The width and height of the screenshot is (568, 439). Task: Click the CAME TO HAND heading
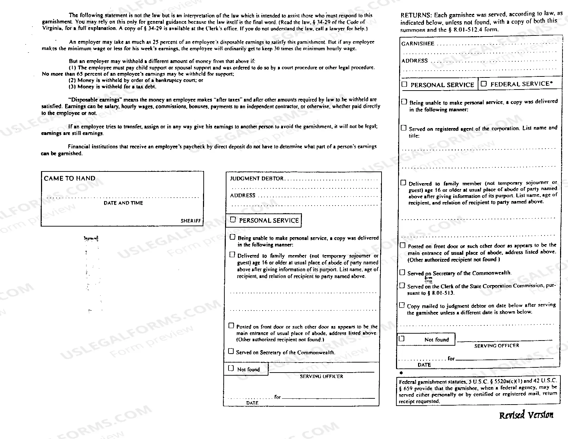69,178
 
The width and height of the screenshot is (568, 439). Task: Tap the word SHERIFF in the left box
191,221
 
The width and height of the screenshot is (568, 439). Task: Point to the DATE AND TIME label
123,203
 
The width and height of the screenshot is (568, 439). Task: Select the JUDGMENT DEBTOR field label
257,179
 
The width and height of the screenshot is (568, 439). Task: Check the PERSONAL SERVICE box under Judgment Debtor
233,220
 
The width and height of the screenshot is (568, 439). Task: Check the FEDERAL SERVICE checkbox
484,84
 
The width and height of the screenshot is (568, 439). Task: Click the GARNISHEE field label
418,44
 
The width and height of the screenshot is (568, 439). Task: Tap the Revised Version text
526,415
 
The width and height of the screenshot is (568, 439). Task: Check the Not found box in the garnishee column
402,338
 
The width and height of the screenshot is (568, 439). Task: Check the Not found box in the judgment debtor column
231,368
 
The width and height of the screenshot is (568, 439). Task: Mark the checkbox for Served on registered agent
404,128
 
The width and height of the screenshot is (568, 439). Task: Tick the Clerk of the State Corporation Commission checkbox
402,285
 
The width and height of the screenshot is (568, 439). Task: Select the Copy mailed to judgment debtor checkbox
402,305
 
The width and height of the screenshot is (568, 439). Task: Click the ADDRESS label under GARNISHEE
414,61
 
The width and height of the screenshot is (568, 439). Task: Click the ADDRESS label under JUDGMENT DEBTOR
243,196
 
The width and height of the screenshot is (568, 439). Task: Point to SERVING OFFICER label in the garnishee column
496,346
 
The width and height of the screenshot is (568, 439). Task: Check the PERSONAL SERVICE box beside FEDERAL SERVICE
405,84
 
